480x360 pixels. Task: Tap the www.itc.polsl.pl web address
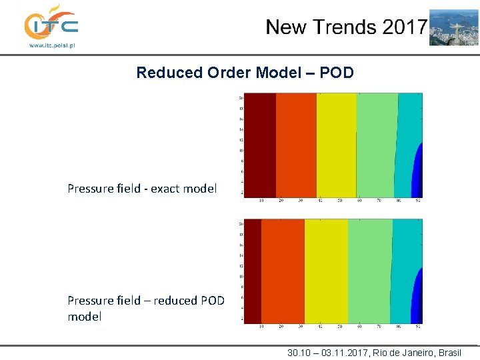51,46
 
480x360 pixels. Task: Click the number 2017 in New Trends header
404,27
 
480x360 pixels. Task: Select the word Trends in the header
345,27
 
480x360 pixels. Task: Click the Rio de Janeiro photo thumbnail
453,27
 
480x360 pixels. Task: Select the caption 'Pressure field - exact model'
142,189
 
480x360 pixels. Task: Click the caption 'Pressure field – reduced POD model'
145,308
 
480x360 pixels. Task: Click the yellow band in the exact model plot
337,145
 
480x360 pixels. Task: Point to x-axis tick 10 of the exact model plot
260,201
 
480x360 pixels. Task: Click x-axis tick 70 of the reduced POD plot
379,327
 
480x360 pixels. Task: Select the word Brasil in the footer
447,353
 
